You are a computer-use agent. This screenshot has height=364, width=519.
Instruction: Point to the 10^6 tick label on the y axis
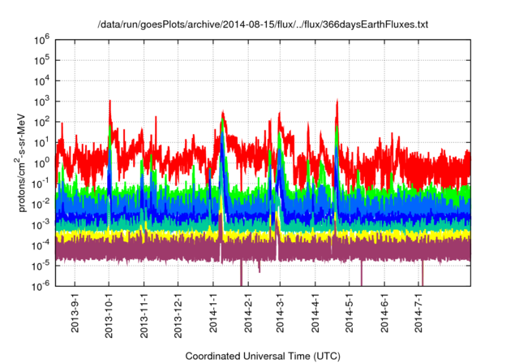[42, 39]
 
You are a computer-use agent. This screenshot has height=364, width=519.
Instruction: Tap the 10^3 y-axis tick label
[42, 101]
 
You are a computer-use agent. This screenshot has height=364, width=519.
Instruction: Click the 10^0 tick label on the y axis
[42, 162]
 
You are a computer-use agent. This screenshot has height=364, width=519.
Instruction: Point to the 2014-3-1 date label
[281, 312]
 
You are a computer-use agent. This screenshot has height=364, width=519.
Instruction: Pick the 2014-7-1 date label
[418, 312]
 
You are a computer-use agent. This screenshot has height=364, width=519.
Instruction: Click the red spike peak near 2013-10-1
[109, 102]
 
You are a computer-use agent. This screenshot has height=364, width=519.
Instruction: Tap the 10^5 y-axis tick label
[42, 59]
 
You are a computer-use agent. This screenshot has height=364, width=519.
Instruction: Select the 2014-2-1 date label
[247, 312]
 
